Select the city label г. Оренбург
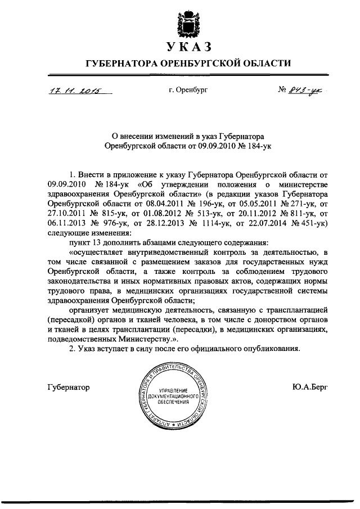[x=181, y=91]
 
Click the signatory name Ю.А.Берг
[x=310, y=387]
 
